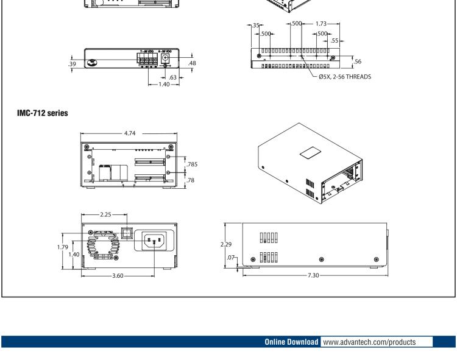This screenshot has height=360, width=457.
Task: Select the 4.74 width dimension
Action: coord(129,132)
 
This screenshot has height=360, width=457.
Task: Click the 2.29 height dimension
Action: coord(226,244)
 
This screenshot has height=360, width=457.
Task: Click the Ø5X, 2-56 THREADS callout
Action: coord(344,77)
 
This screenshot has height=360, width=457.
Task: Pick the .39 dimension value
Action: coord(73,63)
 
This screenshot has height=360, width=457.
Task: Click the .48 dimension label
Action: coord(193,63)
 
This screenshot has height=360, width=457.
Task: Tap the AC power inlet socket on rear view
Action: coord(154,242)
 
